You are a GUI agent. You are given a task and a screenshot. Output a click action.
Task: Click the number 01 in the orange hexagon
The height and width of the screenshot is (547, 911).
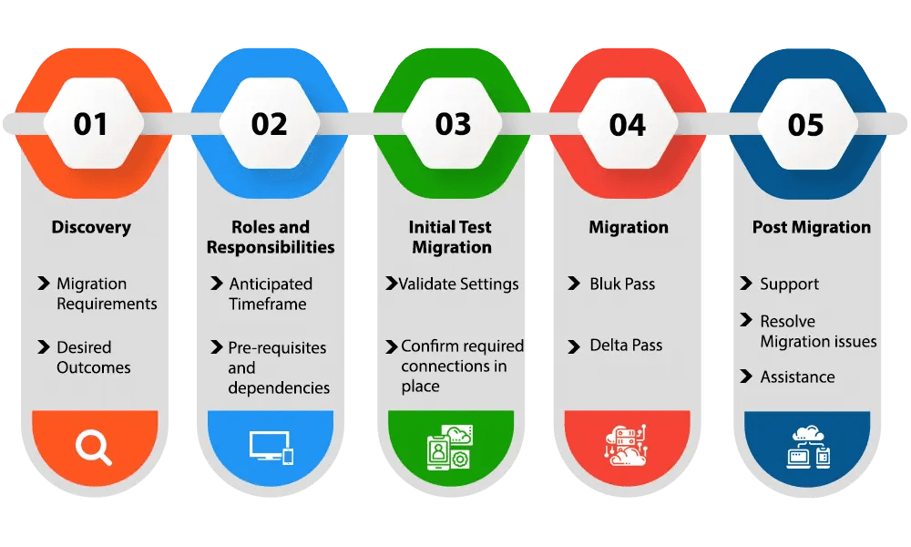click(x=91, y=124)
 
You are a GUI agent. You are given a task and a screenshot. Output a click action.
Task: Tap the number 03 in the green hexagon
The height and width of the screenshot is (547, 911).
click(x=453, y=124)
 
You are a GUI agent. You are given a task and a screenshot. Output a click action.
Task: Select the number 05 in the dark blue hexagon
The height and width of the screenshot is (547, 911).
click(x=805, y=124)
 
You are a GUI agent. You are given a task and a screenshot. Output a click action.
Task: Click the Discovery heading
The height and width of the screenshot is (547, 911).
click(x=91, y=227)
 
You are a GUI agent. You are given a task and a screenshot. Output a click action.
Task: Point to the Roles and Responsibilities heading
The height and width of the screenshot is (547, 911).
click(x=271, y=237)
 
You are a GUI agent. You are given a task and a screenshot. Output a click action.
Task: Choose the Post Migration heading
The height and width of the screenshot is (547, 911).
click(x=811, y=227)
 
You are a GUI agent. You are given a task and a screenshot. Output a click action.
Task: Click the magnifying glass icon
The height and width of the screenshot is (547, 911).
click(x=93, y=447)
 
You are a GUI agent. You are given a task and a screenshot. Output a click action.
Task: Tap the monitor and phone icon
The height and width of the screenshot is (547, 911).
click(x=271, y=447)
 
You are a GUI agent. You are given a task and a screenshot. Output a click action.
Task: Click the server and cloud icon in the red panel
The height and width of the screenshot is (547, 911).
click(x=626, y=447)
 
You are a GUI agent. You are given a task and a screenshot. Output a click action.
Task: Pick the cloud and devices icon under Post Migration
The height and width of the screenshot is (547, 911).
click(x=808, y=447)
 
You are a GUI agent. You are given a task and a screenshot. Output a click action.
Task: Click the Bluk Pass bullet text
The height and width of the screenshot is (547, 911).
click(x=622, y=284)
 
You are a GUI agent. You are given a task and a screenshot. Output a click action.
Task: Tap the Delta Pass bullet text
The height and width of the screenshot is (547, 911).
click(x=626, y=346)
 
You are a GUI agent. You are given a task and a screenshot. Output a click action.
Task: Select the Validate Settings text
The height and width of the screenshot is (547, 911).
click(x=458, y=284)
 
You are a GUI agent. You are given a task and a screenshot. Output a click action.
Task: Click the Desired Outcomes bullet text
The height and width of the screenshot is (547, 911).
click(x=94, y=357)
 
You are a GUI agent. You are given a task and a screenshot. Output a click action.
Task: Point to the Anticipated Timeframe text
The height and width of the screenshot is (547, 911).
click(x=271, y=294)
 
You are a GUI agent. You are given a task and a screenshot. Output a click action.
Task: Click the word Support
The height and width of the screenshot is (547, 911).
click(x=790, y=284)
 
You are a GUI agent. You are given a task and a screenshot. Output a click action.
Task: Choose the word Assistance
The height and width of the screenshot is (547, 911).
click(x=797, y=377)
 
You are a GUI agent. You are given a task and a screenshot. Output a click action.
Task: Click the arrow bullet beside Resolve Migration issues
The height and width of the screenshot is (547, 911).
click(x=745, y=321)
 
